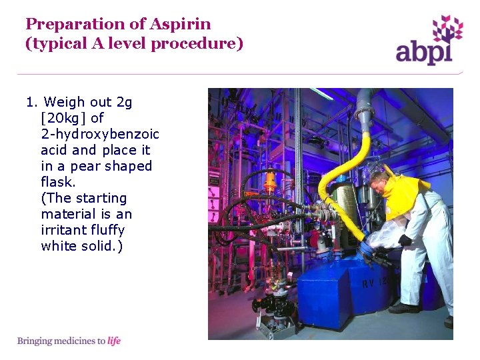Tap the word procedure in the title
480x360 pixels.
tap(203, 44)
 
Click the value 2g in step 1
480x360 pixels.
tap(124, 102)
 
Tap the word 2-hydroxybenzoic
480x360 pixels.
tap(100, 134)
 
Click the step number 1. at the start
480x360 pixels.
tap(32, 102)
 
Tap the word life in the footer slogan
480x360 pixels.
tap(114, 341)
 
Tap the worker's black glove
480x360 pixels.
tap(404, 240)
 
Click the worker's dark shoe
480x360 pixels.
tap(404, 308)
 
